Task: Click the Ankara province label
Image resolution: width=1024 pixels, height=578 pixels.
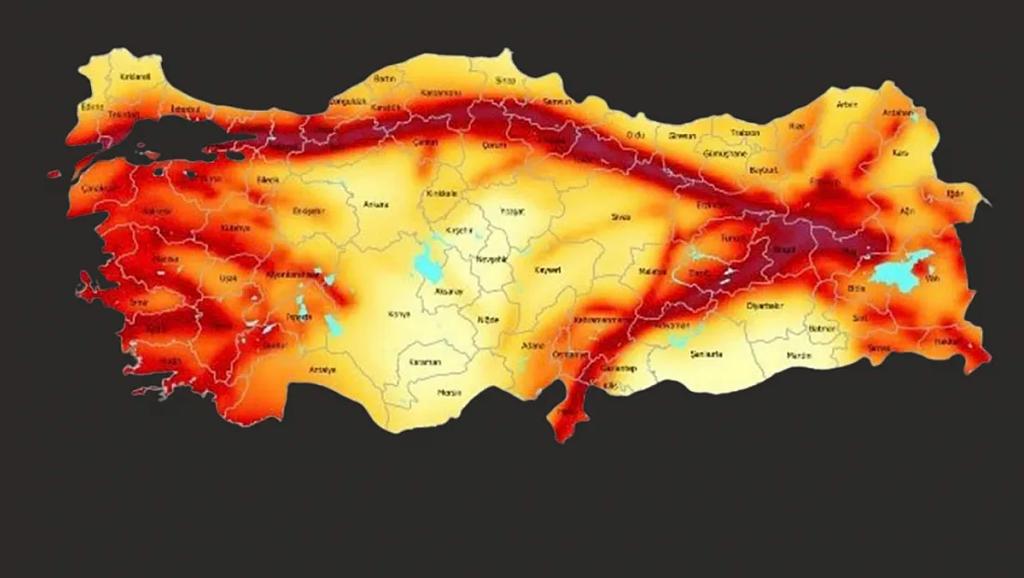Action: pyautogui.click(x=376, y=204)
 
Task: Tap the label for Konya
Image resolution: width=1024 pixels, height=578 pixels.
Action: pyautogui.click(x=399, y=313)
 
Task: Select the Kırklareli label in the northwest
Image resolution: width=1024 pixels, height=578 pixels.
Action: pyautogui.click(x=135, y=76)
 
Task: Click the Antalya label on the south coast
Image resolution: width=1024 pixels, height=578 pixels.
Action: pyautogui.click(x=323, y=370)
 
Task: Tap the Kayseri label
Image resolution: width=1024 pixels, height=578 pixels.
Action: pyautogui.click(x=548, y=270)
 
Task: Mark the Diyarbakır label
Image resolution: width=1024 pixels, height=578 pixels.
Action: pyautogui.click(x=766, y=305)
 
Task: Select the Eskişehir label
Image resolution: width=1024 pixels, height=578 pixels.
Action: pyautogui.click(x=309, y=211)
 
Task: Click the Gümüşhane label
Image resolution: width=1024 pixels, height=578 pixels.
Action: pyautogui.click(x=726, y=151)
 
